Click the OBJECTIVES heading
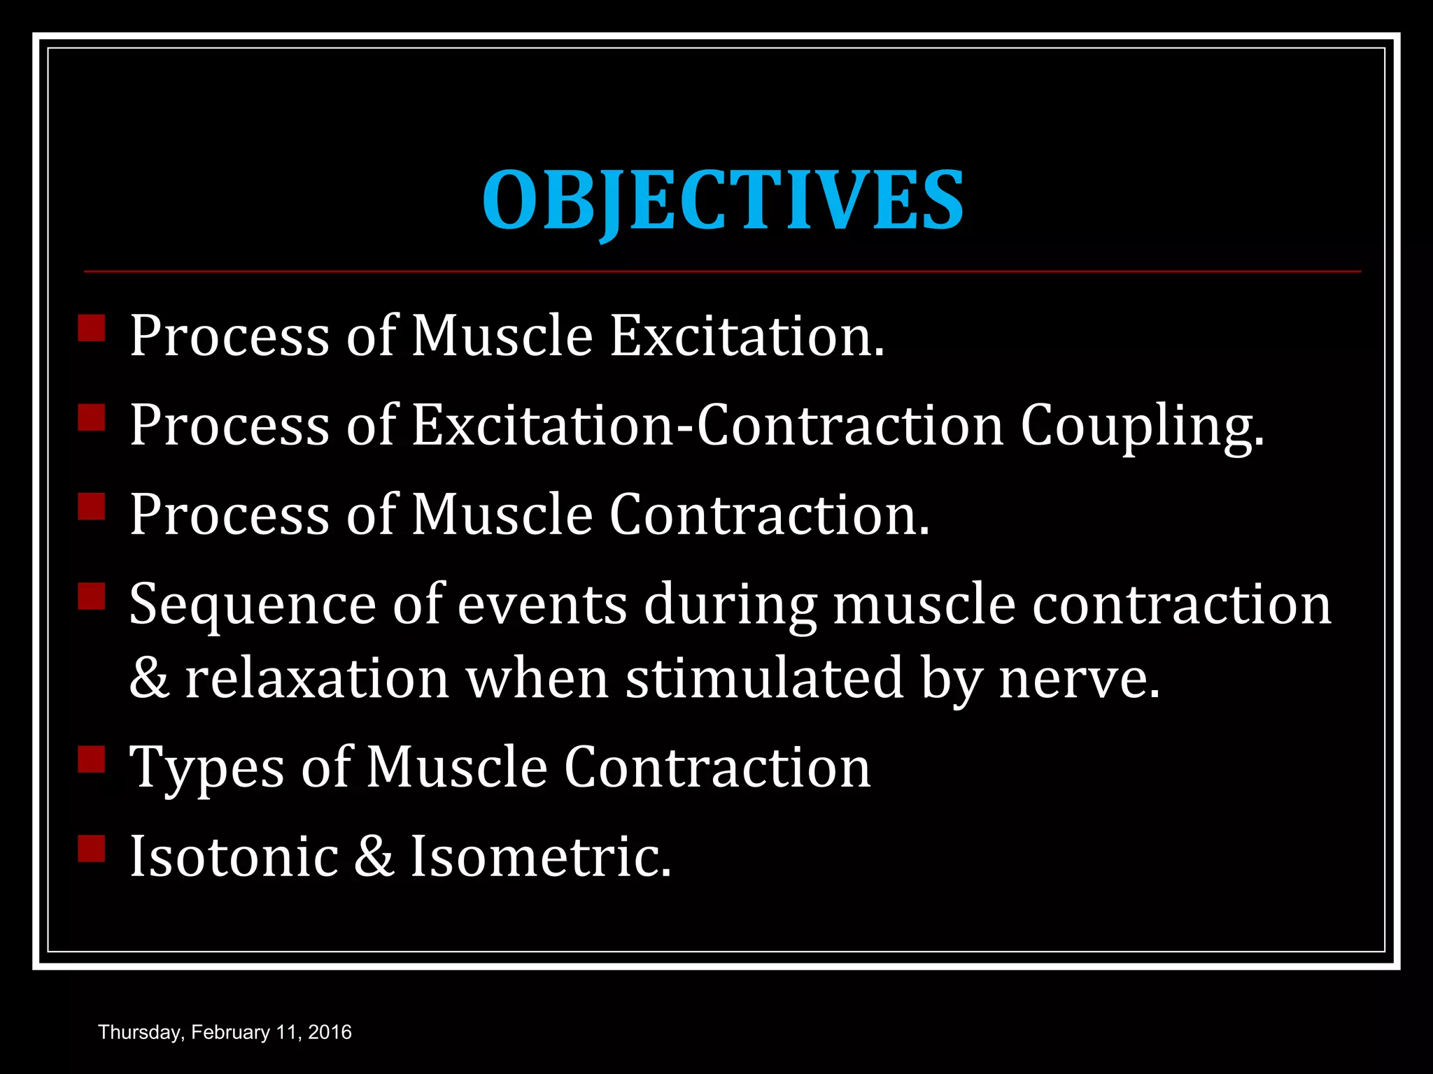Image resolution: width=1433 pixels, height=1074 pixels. [x=723, y=200]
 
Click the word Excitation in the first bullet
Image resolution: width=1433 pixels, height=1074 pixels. [x=747, y=336]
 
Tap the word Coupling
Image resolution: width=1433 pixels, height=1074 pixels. [x=1142, y=426]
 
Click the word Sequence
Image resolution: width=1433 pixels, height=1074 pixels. [x=253, y=606]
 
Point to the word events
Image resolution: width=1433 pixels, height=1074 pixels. [x=542, y=606]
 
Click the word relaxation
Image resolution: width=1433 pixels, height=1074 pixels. [x=316, y=679]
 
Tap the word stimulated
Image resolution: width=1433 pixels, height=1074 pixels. [x=764, y=679]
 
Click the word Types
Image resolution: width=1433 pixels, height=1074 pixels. [x=207, y=768]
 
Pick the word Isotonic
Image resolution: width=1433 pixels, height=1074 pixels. [x=234, y=857]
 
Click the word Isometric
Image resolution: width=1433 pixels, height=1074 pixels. [x=539, y=857]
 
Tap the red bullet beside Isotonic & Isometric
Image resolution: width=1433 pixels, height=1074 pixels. [x=92, y=848]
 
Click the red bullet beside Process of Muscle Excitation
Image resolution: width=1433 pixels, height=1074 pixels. [x=92, y=327]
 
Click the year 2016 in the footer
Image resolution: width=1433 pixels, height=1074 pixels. [x=330, y=1033]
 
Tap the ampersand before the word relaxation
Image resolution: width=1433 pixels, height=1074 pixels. [x=149, y=679]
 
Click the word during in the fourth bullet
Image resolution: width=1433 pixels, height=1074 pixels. [x=730, y=606]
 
